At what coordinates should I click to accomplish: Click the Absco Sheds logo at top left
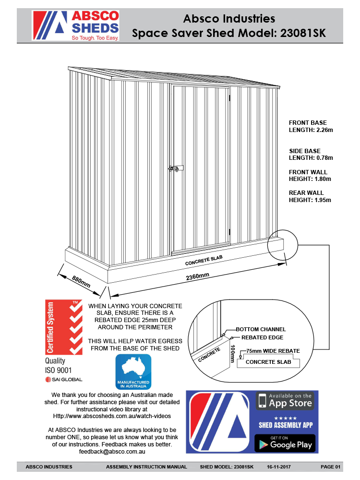[x=75, y=25]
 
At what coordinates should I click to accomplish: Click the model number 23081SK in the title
[x=303, y=33]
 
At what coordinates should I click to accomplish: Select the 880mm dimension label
[x=81, y=281]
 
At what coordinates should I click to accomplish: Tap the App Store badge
[x=285, y=400]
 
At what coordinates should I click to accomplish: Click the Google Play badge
[x=285, y=443]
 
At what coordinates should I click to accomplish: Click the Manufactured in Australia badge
[x=133, y=372]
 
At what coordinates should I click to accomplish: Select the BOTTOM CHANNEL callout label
[x=261, y=329]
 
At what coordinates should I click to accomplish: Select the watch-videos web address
[x=111, y=416]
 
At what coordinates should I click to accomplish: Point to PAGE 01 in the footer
[x=330, y=467]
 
